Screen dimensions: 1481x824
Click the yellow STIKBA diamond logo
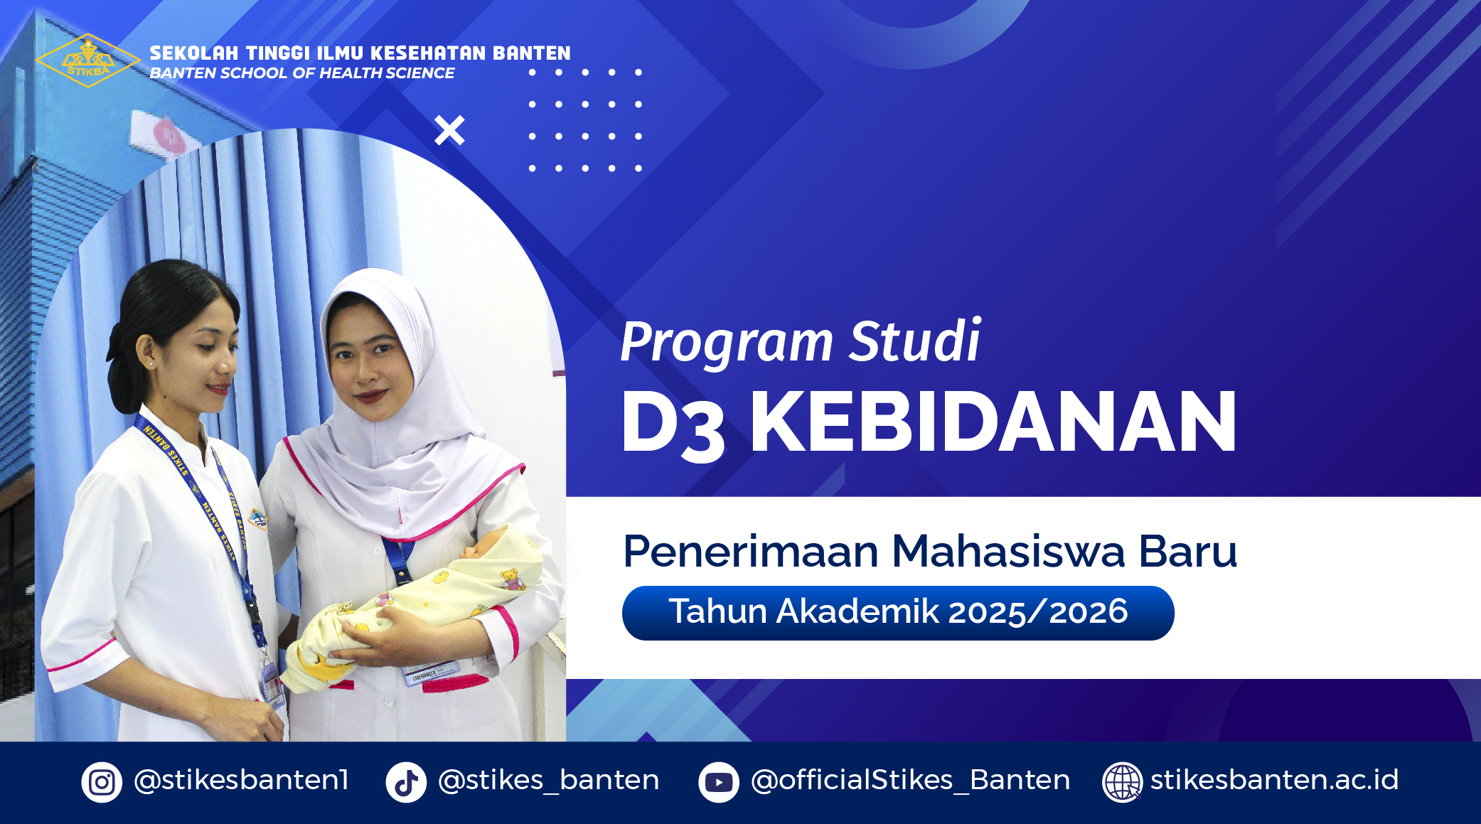(x=87, y=60)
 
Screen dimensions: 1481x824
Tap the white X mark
(x=449, y=130)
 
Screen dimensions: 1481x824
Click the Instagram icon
(x=102, y=782)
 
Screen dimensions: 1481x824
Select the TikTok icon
(x=406, y=782)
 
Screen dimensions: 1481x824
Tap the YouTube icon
(x=719, y=782)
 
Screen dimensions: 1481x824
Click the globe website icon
(x=1122, y=782)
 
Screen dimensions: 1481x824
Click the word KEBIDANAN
(x=993, y=422)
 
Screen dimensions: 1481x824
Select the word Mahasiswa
(x=1008, y=551)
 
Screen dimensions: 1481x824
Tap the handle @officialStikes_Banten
(x=911, y=780)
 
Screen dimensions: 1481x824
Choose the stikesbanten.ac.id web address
(x=1274, y=779)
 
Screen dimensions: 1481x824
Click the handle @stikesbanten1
(x=241, y=780)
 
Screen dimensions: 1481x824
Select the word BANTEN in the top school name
(x=532, y=53)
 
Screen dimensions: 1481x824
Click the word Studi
(x=915, y=341)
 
